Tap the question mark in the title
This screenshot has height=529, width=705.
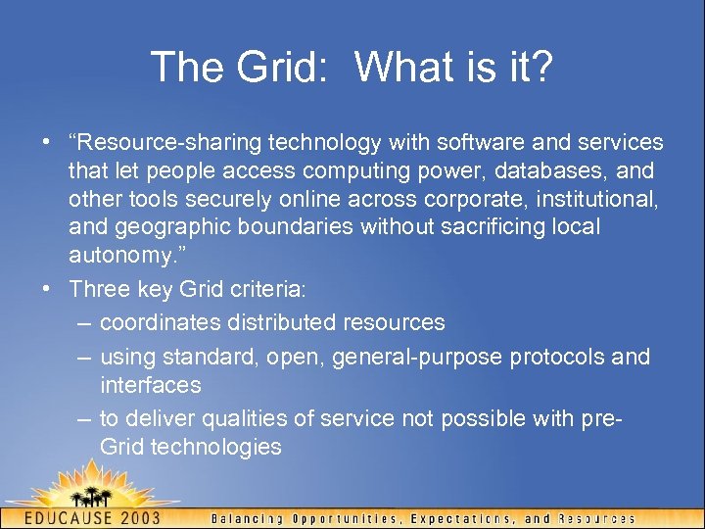tap(541, 68)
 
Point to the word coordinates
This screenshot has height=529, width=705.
tap(159, 322)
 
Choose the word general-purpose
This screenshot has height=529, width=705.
tap(417, 357)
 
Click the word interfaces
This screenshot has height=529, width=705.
tap(151, 385)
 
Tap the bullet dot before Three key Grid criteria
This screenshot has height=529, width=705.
tap(46, 290)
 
